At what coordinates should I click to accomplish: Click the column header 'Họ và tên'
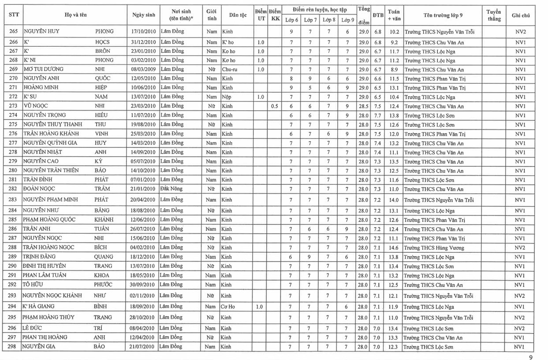[x=75, y=15]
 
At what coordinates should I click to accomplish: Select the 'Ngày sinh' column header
[x=143, y=15]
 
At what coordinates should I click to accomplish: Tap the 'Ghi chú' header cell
[x=521, y=15]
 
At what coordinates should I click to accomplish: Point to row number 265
[x=13, y=32]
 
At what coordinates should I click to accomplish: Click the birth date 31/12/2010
[x=143, y=42]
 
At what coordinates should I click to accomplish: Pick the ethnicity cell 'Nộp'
[x=227, y=97]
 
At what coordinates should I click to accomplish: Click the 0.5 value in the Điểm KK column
[x=274, y=106]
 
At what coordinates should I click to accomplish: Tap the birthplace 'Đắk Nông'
[x=171, y=188]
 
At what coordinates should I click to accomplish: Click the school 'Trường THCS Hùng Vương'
[x=434, y=248]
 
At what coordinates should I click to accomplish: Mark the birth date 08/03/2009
[x=143, y=69]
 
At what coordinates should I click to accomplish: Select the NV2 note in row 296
[x=521, y=328]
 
